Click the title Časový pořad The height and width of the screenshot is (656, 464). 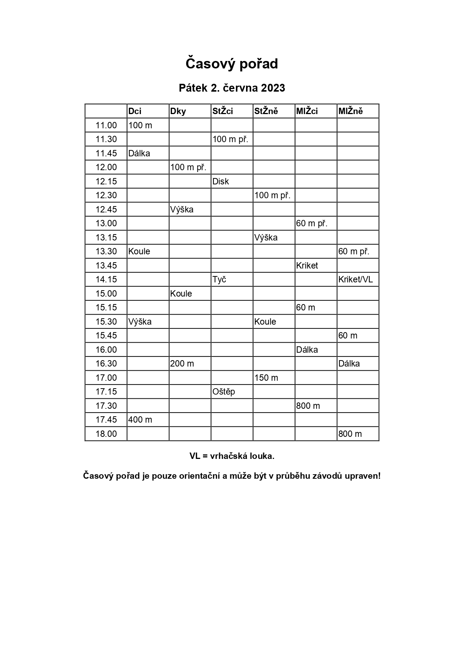coord(232,64)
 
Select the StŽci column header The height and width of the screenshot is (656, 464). coord(223,111)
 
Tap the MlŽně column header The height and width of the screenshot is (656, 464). coord(350,111)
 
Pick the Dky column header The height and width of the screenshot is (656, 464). coord(178,111)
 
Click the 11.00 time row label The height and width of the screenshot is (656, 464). coord(106,125)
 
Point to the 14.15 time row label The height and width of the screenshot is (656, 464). coord(106,280)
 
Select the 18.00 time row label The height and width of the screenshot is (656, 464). coord(106,434)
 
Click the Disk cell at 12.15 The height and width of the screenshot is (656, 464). coord(221,181)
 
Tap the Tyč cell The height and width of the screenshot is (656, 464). coord(219,280)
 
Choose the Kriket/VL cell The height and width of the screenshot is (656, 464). coord(356,280)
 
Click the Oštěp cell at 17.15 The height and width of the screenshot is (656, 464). coord(224,392)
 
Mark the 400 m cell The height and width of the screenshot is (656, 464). coord(140,420)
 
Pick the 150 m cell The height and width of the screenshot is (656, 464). coord(266,378)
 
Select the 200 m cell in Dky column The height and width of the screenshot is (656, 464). coord(182,364)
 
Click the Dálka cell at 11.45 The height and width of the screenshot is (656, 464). coord(139,153)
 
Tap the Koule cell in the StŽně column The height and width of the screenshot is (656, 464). coord(265,322)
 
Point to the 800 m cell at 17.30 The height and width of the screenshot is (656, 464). coord(308,406)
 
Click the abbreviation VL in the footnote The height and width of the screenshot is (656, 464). coord(196,456)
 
